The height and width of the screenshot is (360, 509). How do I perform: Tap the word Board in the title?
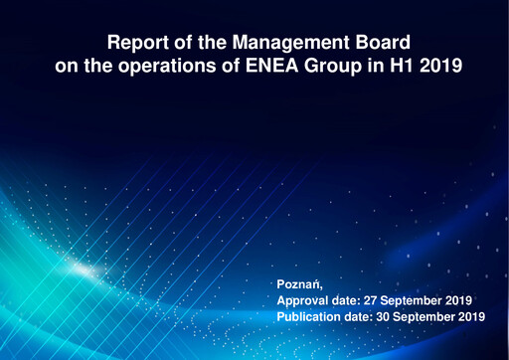(380, 45)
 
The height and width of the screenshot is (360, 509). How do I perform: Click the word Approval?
(304, 299)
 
